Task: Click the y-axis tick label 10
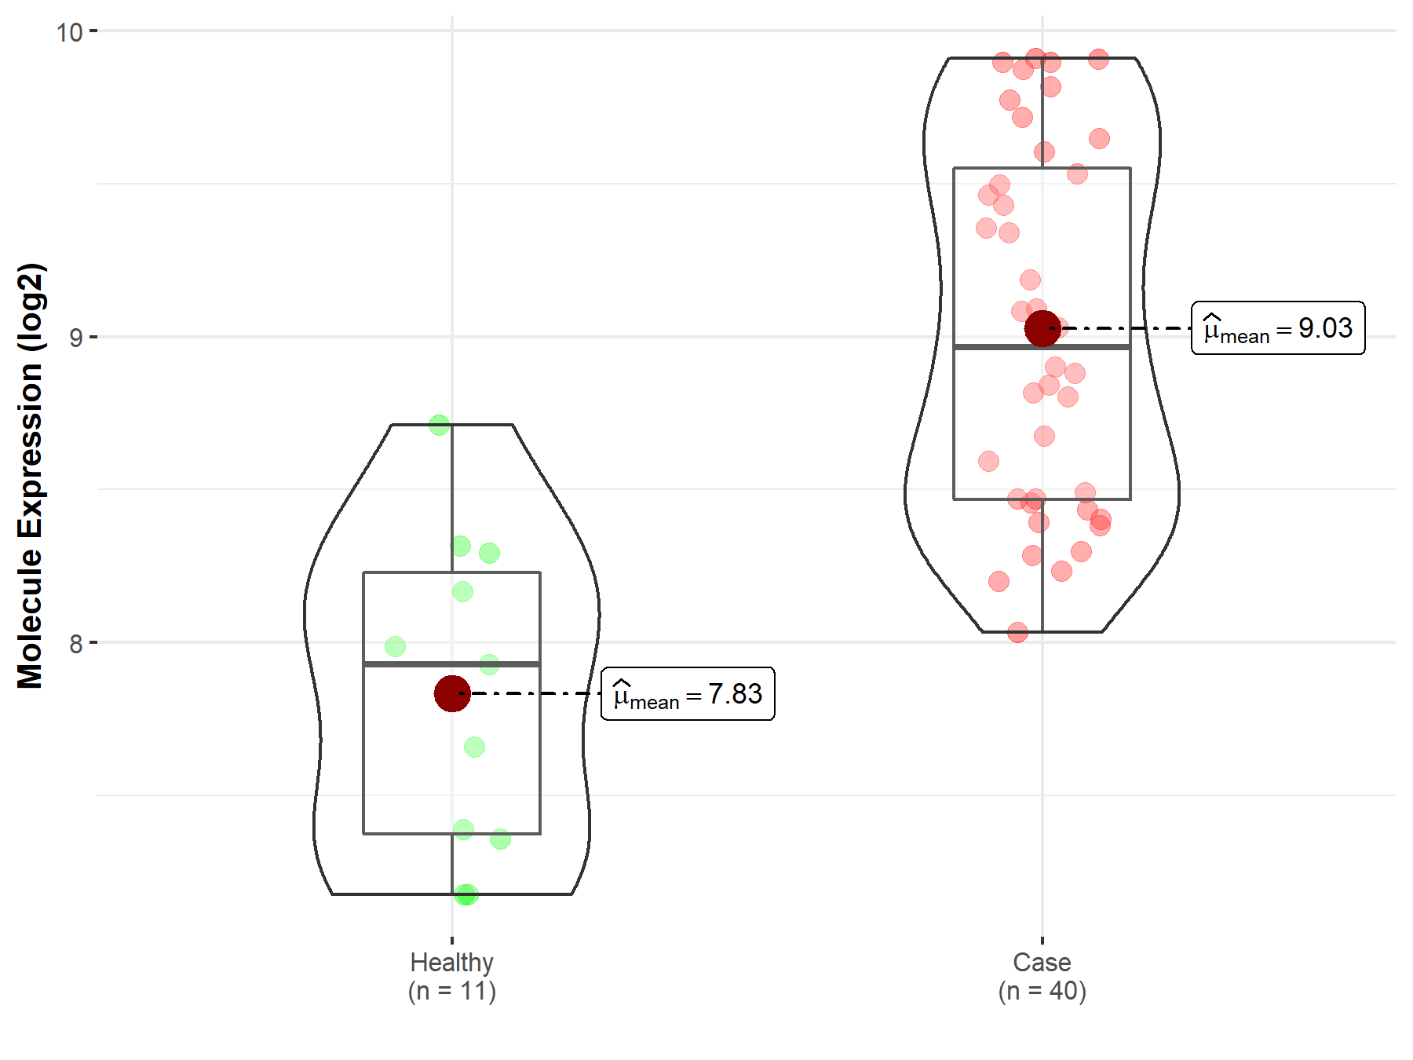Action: tap(69, 32)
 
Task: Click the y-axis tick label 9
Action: tap(76, 338)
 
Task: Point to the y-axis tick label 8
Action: tap(76, 644)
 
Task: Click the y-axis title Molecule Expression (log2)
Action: tap(31, 476)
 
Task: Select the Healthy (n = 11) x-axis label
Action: tap(452, 977)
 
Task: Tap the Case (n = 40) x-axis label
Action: tap(1042, 977)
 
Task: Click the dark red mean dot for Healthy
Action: tap(452, 693)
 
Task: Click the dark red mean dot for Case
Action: tap(1042, 328)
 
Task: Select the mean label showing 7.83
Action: tap(688, 694)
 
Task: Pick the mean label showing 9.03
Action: tap(1278, 328)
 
